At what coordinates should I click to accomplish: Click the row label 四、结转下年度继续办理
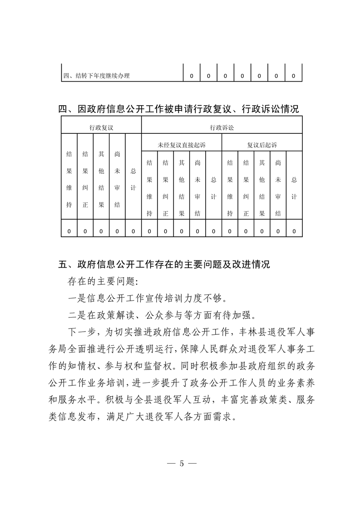pyautogui.click(x=96, y=76)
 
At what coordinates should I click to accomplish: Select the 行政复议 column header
pyautogui.click(x=101, y=128)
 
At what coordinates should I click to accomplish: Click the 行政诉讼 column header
pyautogui.click(x=222, y=128)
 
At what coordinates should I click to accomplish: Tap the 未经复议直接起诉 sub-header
pyautogui.click(x=182, y=145)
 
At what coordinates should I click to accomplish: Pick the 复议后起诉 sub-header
pyautogui.click(x=262, y=145)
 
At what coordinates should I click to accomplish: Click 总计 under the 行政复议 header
pyautogui.click(x=133, y=179)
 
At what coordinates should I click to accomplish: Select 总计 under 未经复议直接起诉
pyautogui.click(x=213, y=188)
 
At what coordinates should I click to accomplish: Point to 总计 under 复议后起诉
pyautogui.click(x=294, y=188)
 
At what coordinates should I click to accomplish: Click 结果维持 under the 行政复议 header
pyautogui.click(x=69, y=179)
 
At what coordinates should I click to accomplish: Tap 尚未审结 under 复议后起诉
pyautogui.click(x=278, y=188)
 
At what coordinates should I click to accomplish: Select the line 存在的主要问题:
pyautogui.click(x=102, y=281)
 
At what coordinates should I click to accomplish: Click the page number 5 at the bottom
pyautogui.click(x=181, y=464)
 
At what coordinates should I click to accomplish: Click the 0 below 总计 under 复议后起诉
pyautogui.click(x=294, y=231)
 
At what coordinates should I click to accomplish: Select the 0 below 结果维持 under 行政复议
pyautogui.click(x=69, y=231)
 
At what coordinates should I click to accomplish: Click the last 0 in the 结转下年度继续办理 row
pyautogui.click(x=293, y=76)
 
